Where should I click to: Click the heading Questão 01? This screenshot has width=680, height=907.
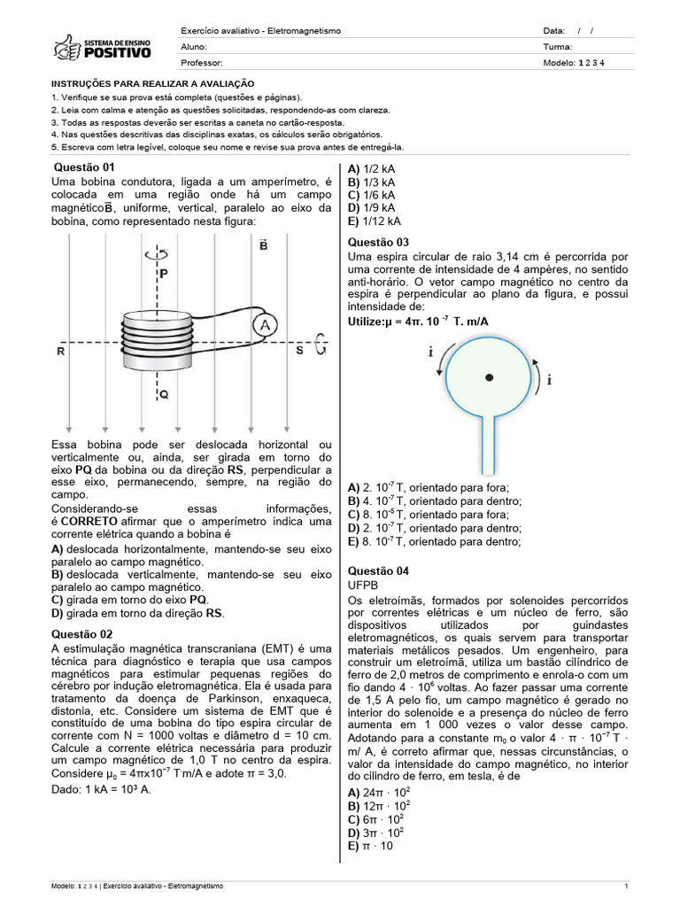[85, 167]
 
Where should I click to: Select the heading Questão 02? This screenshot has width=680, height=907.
[83, 634]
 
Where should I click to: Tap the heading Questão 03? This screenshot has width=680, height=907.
[379, 243]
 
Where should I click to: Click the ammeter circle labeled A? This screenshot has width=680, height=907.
[263, 327]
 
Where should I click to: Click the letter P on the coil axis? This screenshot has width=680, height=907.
[164, 275]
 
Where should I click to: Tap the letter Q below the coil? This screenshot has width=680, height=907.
[164, 392]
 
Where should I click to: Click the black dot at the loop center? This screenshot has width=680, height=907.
[489, 378]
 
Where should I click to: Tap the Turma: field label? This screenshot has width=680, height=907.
[558, 47]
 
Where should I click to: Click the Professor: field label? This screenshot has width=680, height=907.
[202, 63]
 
